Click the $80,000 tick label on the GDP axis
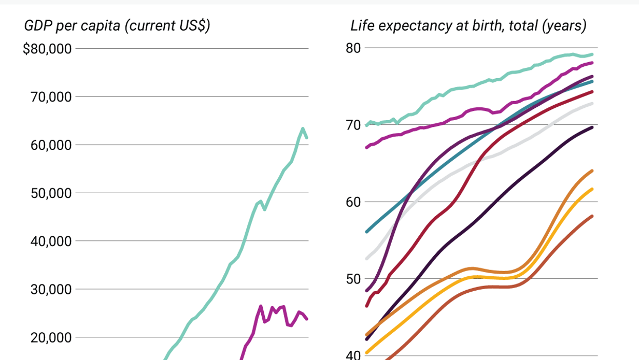47,49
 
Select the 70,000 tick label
50,97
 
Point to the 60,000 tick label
50,145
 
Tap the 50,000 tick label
50,193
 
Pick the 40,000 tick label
50,241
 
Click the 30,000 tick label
50,290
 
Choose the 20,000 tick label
50,337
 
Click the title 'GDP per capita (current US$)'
117,26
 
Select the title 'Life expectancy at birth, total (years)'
468,26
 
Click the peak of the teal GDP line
303,128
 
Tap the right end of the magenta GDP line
307,319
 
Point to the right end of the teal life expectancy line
592,54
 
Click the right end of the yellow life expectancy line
592,189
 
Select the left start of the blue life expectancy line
366,232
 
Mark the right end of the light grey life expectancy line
592,104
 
